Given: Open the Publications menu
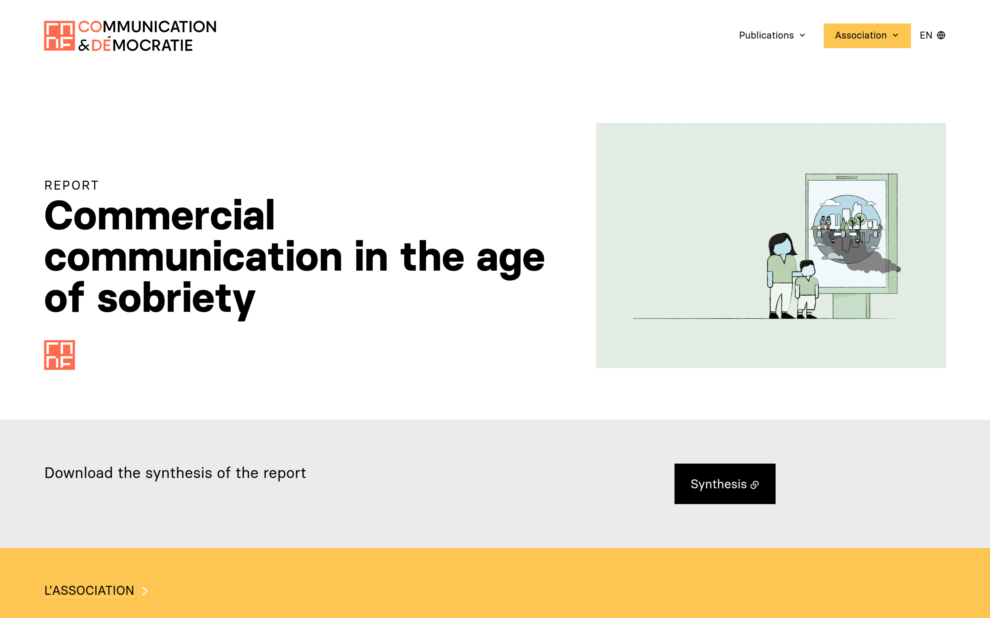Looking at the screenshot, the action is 772,36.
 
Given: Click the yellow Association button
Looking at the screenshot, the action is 867,36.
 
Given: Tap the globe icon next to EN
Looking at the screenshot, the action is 941,36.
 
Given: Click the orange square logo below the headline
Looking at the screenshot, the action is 59,355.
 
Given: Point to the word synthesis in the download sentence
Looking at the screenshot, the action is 179,473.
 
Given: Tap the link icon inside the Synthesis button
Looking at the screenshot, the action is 755,485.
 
